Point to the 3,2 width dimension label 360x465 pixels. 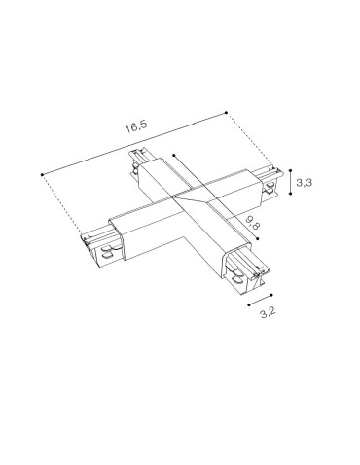(263, 315)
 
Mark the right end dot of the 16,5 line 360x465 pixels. (226, 112)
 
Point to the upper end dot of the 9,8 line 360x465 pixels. (172, 154)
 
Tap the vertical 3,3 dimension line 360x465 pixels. (294, 184)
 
